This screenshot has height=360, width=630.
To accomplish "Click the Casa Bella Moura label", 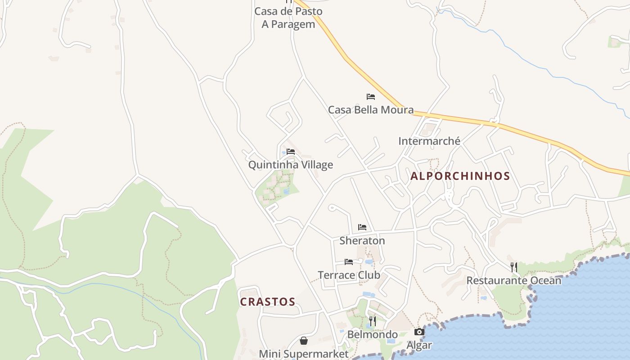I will coord(370,110).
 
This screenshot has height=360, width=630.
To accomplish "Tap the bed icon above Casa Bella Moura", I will coord(370,97).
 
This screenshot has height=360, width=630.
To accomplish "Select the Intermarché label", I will coord(429,141).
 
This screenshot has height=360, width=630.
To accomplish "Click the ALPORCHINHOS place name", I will coord(460,176).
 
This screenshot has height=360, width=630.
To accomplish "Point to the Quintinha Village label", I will coord(291,165).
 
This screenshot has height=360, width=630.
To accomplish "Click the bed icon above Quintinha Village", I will coord(291,152).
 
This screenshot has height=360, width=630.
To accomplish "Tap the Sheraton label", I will coord(362,241).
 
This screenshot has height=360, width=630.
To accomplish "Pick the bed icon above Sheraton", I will coord(362,227).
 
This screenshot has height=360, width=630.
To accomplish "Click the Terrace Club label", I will coord(349,275).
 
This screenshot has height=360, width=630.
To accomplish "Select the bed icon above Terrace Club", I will coord(349,262).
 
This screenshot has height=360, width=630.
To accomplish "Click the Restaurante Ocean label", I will coord(514,281).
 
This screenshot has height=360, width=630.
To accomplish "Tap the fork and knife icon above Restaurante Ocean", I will coord(514,267).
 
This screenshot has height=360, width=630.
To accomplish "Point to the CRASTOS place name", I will coord(268,302).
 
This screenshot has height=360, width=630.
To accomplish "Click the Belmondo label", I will coord(373,335).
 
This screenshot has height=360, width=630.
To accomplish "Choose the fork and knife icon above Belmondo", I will coord(373,321).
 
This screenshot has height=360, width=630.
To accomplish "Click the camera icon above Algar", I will coord(419,332).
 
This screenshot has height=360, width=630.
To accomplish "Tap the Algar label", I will coord(419,345).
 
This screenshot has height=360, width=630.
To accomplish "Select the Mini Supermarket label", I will coord(304,354).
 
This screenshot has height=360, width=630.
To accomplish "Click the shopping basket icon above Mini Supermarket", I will coord(304,341).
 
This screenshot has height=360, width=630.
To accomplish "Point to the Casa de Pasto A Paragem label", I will coord(288,18).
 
